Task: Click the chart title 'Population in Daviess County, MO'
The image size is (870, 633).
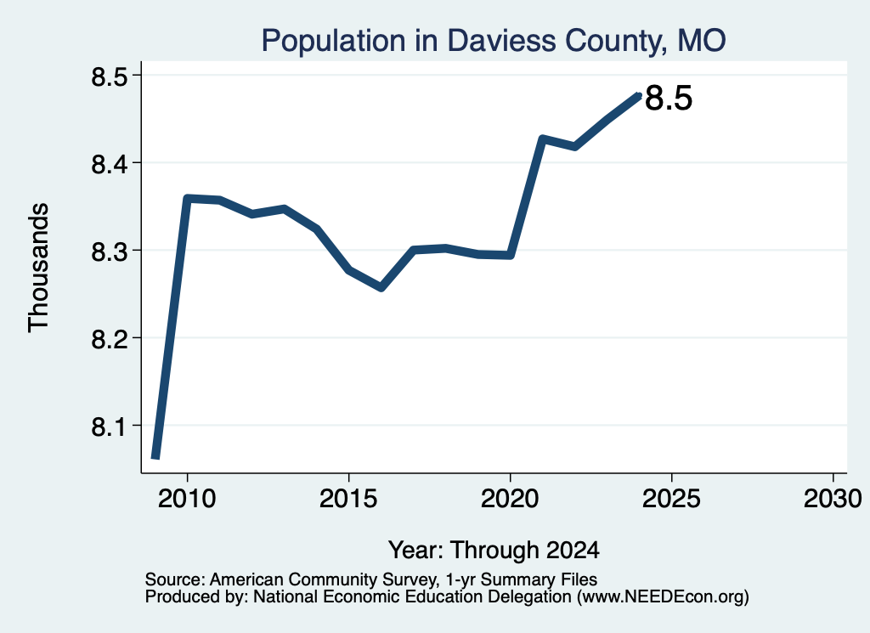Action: pyautogui.click(x=494, y=41)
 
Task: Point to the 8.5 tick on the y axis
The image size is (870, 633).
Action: pyautogui.click(x=109, y=76)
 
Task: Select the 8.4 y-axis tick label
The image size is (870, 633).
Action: pyautogui.click(x=109, y=164)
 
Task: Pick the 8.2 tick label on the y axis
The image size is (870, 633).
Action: pyautogui.click(x=109, y=339)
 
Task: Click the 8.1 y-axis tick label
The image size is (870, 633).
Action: pyautogui.click(x=109, y=427)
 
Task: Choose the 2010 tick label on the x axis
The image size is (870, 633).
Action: pyautogui.click(x=187, y=498)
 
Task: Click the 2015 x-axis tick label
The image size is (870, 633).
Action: pyautogui.click(x=348, y=498)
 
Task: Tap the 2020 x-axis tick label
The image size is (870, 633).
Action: pyautogui.click(x=510, y=498)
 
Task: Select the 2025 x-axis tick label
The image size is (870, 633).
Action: pyautogui.click(x=671, y=498)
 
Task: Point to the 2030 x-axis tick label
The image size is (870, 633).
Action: pyautogui.click(x=833, y=498)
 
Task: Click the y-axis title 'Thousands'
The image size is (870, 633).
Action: pyautogui.click(x=38, y=268)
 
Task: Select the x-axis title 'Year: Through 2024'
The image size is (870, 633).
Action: pyautogui.click(x=494, y=550)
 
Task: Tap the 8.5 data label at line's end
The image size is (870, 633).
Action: pyautogui.click(x=669, y=99)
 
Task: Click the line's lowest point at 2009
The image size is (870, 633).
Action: pyautogui.click(x=156, y=456)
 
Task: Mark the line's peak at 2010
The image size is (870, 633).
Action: pyautogui.click(x=187, y=199)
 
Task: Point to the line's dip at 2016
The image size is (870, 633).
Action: pyautogui.click(x=381, y=287)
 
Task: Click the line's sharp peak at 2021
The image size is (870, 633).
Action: pyautogui.click(x=542, y=138)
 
